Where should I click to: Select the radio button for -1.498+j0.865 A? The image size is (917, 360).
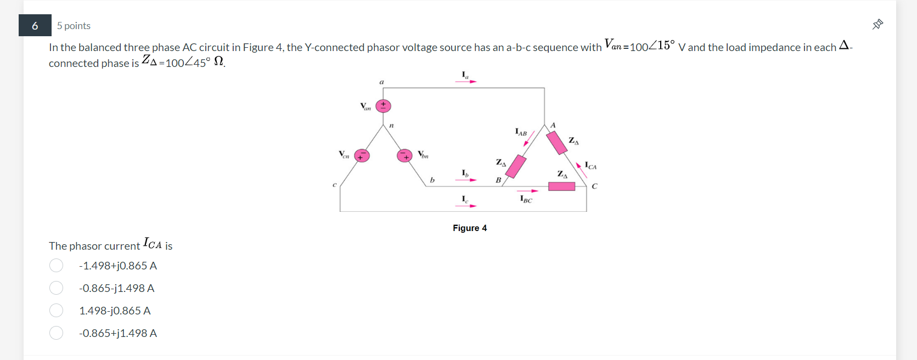[x=56, y=266]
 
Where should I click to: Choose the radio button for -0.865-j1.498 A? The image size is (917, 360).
[x=56, y=288]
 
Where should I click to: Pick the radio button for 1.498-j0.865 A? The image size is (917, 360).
[x=56, y=311]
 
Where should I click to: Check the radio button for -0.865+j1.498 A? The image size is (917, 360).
[x=56, y=333]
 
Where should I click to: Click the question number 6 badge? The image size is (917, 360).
[x=35, y=26]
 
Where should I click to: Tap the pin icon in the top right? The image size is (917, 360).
[x=877, y=24]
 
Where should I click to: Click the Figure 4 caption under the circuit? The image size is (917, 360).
[x=470, y=228]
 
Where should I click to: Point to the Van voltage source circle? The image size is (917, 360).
[x=383, y=106]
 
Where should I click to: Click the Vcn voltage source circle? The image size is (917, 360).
[x=361, y=156]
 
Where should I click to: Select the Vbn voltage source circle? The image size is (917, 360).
[x=404, y=156]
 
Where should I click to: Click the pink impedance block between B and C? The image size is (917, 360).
[x=561, y=187]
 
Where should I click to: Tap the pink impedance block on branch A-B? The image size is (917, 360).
[x=516, y=166]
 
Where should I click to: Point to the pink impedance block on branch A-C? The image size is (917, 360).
[x=556, y=143]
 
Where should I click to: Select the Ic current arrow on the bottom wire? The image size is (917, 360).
[x=466, y=206]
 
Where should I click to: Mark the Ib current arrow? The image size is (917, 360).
[x=466, y=179]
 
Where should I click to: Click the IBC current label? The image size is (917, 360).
[x=526, y=199]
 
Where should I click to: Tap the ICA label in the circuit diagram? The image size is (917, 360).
[x=591, y=165]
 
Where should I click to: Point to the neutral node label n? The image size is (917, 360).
[x=391, y=126]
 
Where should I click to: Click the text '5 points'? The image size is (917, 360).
[x=74, y=26]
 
